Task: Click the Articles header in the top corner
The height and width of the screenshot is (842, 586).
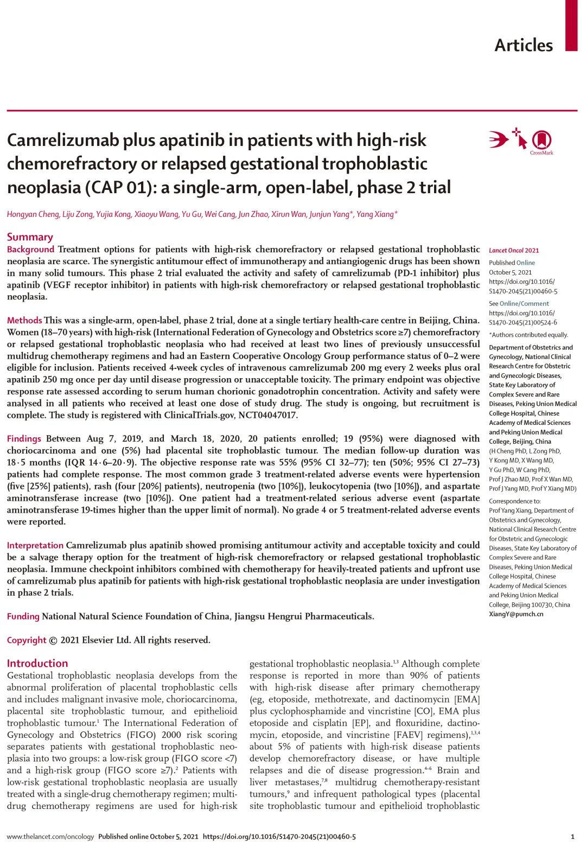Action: click(523, 45)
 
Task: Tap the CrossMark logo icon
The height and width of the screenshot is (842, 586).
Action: click(541, 141)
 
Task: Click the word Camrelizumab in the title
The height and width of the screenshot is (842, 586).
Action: click(63, 141)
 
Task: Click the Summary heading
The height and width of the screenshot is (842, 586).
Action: click(30, 237)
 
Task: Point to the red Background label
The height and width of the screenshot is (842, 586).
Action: click(30, 250)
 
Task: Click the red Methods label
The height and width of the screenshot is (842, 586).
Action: click(24, 321)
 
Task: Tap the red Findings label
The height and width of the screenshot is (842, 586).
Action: click(24, 439)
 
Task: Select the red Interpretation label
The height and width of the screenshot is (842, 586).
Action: click(35, 546)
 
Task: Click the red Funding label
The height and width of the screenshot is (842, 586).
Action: click(23, 617)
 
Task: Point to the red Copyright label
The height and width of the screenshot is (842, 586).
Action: click(27, 640)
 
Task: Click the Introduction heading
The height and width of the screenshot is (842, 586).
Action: click(37, 664)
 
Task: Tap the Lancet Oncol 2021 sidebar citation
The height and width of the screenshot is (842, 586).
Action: click(514, 251)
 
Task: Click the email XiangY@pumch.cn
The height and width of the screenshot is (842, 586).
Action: click(516, 614)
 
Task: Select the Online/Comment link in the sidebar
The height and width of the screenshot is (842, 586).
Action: click(524, 304)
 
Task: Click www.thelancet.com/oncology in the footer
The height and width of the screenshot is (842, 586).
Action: click(50, 837)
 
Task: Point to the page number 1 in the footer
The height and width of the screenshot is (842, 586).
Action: click(572, 837)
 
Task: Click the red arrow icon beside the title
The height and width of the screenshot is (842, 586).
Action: click(498, 139)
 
